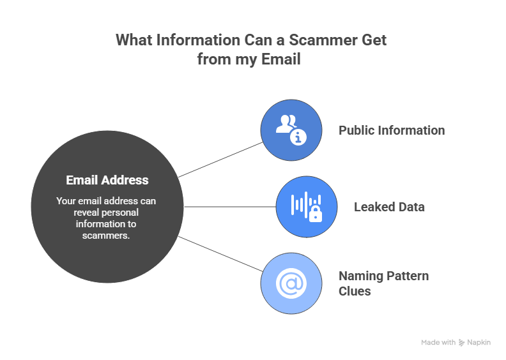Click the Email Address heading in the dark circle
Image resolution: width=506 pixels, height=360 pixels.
point(107,180)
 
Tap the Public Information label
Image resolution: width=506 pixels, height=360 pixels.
point(392,130)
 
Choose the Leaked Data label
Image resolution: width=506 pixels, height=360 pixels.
point(389,207)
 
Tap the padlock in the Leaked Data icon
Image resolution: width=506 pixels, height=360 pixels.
point(315,214)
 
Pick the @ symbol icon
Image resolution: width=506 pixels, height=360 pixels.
point(291,283)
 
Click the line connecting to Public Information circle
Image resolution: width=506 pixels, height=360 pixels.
point(220,160)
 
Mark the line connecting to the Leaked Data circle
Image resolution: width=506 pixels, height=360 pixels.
point(230,207)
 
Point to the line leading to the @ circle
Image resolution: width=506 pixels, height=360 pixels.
point(220,254)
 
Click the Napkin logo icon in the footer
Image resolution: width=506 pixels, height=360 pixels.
point(461,343)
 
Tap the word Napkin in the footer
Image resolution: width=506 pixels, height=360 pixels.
point(479,343)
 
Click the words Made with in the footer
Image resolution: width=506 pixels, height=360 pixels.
point(438,343)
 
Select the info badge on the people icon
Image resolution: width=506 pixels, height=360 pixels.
point(298,137)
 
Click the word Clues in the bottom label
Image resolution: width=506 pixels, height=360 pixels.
point(355,291)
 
